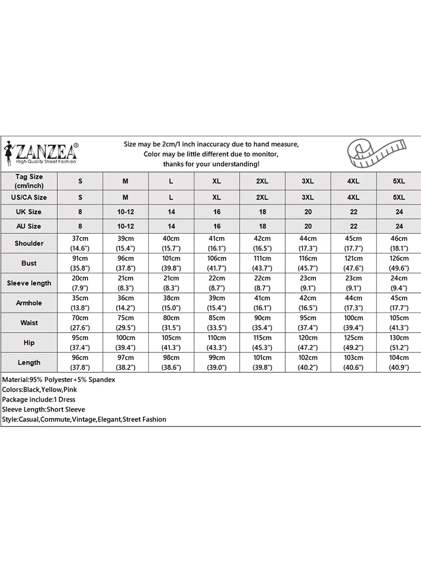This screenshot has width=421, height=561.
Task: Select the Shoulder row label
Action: pyautogui.click(x=29, y=243)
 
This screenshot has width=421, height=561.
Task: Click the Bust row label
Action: pyautogui.click(x=29, y=263)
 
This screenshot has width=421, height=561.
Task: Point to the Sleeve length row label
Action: pyautogui.click(x=29, y=283)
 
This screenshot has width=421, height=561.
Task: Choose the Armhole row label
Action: pyautogui.click(x=29, y=303)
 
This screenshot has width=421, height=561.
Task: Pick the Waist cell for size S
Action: pyautogui.click(x=80, y=323)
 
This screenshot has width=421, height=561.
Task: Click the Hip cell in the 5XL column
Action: pyautogui.click(x=399, y=343)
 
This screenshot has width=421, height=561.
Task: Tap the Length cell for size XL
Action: pyautogui.click(x=217, y=362)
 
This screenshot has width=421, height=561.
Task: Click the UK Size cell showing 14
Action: pyautogui.click(x=171, y=211)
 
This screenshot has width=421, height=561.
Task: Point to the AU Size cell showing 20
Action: pyautogui.click(x=308, y=226)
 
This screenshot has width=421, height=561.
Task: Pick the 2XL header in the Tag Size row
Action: pyautogui.click(x=262, y=181)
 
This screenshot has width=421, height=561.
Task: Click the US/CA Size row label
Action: pyautogui.click(x=29, y=197)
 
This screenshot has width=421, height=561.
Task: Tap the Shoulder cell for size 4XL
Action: pyautogui.click(x=353, y=243)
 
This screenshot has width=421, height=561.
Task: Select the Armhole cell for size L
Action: pyautogui.click(x=171, y=303)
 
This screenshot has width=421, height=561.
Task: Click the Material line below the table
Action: pyautogui.click(x=59, y=380)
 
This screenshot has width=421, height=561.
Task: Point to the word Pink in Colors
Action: pyautogui.click(x=71, y=390)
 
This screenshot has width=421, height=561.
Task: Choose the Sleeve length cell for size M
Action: pyautogui.click(x=126, y=283)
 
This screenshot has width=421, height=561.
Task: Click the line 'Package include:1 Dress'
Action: pyautogui.click(x=39, y=399)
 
